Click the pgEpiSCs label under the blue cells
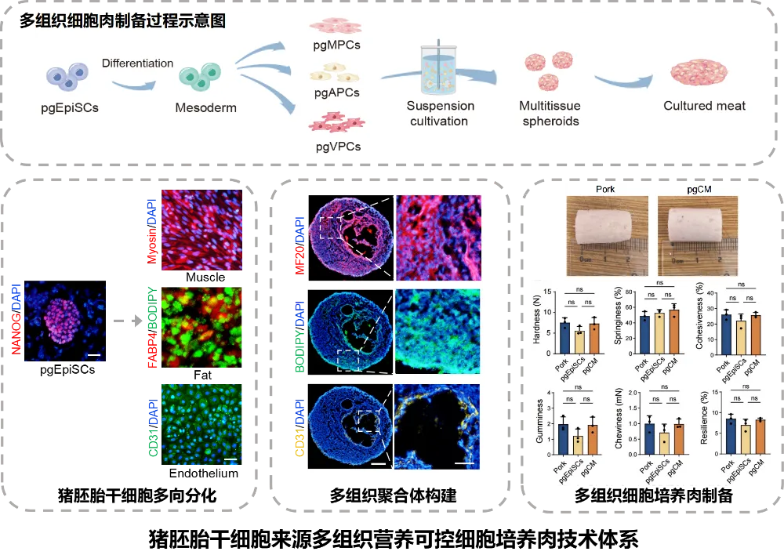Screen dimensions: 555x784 pos(70,107)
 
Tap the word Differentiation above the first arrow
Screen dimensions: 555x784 pos(137,63)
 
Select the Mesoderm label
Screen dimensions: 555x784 pos(205,107)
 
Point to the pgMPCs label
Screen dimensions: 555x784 pos(337,45)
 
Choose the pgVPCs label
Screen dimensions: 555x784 pos(337,146)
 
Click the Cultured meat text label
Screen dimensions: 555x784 pos(704,106)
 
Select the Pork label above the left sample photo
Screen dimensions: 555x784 pos(604,190)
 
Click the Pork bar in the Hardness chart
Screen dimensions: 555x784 pos(564,334)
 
